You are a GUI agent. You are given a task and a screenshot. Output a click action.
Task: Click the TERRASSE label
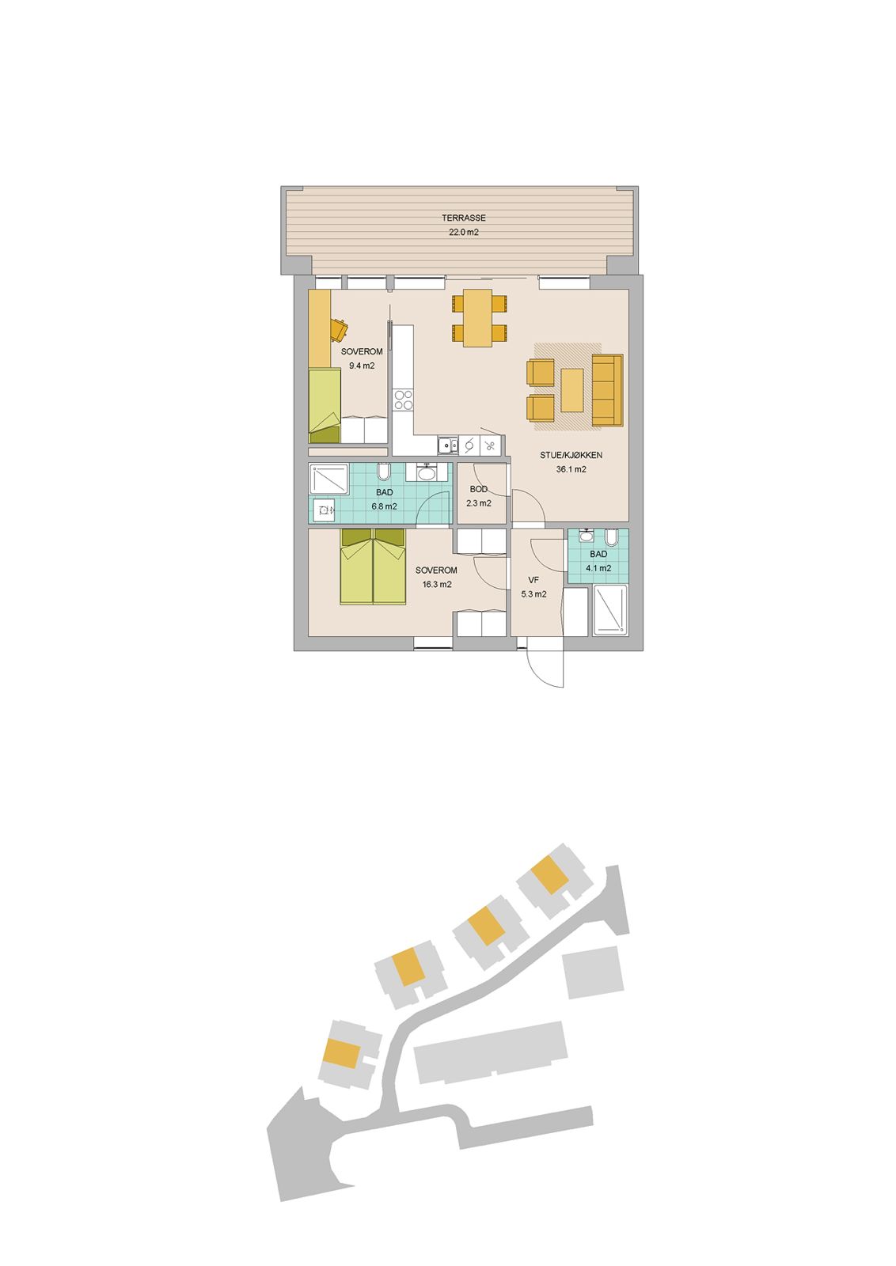point(464,218)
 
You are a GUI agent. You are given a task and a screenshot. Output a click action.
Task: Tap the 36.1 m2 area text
point(571,469)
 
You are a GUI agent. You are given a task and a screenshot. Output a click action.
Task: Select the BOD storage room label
point(478,489)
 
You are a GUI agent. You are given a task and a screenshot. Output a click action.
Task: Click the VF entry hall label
point(533,580)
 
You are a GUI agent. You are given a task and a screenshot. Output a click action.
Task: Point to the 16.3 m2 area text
point(436,585)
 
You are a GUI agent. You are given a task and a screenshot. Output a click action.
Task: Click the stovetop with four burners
point(404,400)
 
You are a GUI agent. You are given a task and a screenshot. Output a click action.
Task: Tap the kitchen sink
point(448,445)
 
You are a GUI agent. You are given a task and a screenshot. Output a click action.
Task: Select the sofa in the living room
point(607,390)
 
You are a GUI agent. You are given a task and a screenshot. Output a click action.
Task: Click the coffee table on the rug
point(571,390)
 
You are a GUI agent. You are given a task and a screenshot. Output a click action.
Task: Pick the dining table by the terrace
point(477,317)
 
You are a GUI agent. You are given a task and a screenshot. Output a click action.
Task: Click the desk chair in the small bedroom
point(339,329)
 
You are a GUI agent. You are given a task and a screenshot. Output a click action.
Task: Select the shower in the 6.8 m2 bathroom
point(328,479)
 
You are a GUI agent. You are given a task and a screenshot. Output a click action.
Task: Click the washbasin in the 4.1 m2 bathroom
point(587,535)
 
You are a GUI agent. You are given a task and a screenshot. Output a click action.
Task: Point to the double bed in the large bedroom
point(373,567)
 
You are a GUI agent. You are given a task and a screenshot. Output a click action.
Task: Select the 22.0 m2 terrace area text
point(464,232)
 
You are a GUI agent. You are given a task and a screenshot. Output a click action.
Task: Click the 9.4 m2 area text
point(362,366)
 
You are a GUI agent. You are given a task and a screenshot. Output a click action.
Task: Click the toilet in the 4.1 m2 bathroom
point(611,536)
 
